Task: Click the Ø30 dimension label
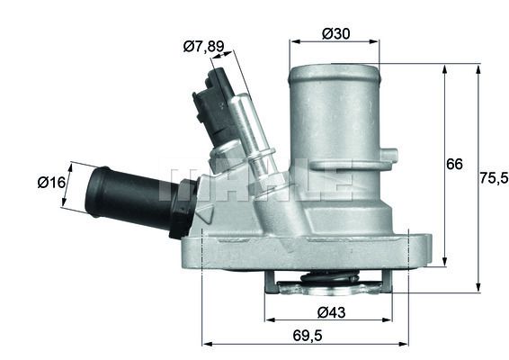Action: pyautogui.click(x=335, y=33)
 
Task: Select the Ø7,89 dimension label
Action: pyautogui.click(x=201, y=46)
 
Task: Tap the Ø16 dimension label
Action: pyautogui.click(x=51, y=183)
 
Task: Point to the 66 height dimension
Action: pyautogui.click(x=455, y=164)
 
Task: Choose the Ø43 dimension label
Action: pyautogui.click(x=329, y=312)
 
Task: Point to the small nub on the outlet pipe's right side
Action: pyautogui.click(x=388, y=157)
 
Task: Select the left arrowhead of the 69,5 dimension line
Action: pyautogui.click(x=206, y=344)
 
